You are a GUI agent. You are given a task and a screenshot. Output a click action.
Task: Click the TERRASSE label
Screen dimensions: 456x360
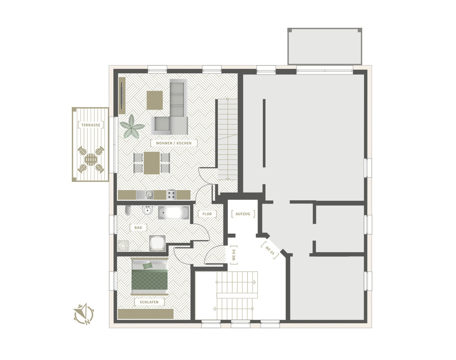click(91, 125)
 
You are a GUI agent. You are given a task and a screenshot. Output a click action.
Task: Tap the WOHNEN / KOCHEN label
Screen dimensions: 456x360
click(174, 143)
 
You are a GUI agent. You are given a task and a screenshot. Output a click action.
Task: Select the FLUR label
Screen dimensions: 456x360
click(207, 214)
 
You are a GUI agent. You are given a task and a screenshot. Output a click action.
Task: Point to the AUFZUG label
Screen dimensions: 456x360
click(243, 214)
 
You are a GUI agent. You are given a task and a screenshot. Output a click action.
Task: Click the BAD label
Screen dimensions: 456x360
click(138, 227)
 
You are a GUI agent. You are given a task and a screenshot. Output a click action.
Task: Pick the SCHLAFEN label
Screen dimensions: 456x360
click(149, 302)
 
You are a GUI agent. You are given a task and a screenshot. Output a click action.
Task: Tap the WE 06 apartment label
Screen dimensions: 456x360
click(234, 254)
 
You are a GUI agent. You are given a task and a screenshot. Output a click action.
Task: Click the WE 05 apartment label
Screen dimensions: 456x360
click(270, 251)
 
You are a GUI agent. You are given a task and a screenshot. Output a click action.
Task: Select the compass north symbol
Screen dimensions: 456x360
click(84, 314)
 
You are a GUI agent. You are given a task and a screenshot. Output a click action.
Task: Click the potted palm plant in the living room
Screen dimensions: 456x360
click(132, 126)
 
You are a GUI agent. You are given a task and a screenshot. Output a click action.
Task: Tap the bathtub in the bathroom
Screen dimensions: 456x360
click(173, 213)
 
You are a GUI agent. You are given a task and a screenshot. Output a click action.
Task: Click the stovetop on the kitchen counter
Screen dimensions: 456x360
click(171, 194)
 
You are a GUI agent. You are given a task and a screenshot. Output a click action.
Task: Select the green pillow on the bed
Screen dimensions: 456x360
click(147, 265)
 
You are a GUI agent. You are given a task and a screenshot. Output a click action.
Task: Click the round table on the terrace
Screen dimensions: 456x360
click(91, 159)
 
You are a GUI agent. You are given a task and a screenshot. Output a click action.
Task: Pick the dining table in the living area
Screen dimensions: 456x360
click(152, 163)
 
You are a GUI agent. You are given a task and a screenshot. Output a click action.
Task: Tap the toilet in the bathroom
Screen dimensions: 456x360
click(128, 210)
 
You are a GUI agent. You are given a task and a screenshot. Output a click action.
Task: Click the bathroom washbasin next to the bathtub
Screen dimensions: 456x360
click(148, 210)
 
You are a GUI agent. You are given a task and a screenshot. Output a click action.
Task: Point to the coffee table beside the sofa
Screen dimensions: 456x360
click(155, 100)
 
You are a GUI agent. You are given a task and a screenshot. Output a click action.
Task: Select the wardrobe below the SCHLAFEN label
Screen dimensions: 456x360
click(146, 314)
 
